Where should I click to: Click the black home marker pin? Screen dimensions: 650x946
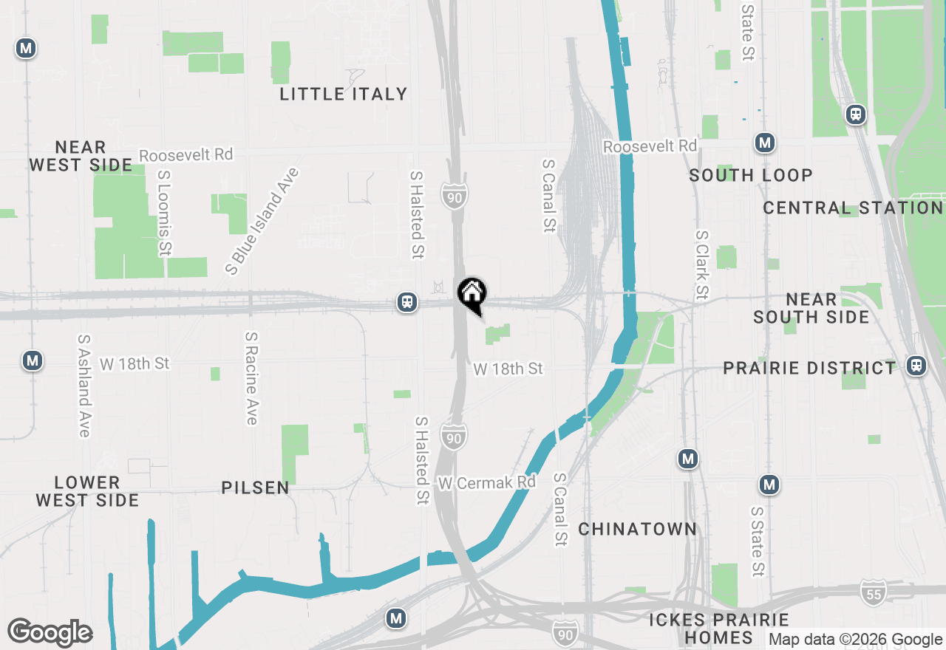pyautogui.click(x=472, y=294)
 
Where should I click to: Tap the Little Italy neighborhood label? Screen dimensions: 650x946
pyautogui.click(x=344, y=94)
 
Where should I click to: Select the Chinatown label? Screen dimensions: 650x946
pyautogui.click(x=638, y=529)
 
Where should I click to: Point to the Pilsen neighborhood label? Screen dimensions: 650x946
pyautogui.click(x=256, y=488)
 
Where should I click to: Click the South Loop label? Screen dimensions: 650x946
pyautogui.click(x=751, y=175)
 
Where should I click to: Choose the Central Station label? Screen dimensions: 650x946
pyautogui.click(x=853, y=208)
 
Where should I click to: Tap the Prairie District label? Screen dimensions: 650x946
pyautogui.click(x=809, y=368)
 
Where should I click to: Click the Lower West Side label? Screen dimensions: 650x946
pyautogui.click(x=87, y=491)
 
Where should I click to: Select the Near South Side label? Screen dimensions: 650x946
pyautogui.click(x=811, y=308)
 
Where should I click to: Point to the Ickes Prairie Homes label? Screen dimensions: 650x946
pyautogui.click(x=719, y=629)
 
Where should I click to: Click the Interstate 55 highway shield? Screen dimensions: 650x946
pyautogui.click(x=874, y=592)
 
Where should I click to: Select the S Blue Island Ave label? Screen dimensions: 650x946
pyautogui.click(x=263, y=221)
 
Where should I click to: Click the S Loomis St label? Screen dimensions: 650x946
pyautogui.click(x=164, y=214)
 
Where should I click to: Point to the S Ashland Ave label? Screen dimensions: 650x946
pyautogui.click(x=83, y=386)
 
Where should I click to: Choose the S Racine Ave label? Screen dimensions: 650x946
pyautogui.click(x=251, y=378)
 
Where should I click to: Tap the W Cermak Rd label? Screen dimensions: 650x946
pyautogui.click(x=486, y=483)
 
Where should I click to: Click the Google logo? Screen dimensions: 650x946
pyautogui.click(x=50, y=632)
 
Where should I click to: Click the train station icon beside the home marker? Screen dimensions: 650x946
pyautogui.click(x=407, y=302)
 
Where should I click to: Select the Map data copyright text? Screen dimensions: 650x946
pyautogui.click(x=856, y=640)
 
